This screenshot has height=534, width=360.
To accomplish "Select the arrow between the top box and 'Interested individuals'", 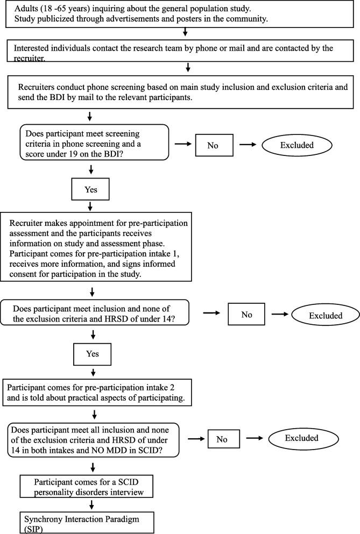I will (x=185, y=32).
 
